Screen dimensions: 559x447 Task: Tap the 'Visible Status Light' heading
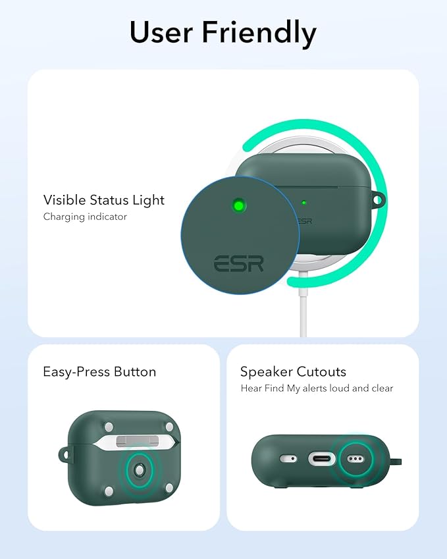point(104,200)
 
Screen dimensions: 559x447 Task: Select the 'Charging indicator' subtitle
point(85,216)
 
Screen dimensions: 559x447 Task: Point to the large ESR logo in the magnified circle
point(238,264)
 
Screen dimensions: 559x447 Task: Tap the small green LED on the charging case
point(303,203)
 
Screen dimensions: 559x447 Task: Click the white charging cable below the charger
point(303,316)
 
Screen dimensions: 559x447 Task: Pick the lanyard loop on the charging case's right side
point(377,198)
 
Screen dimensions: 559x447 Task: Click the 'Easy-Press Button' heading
point(99,371)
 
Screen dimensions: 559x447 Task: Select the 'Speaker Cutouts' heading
point(293,372)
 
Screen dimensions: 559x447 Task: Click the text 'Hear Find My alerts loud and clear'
point(317,388)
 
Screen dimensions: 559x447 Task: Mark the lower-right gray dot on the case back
point(170,488)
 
